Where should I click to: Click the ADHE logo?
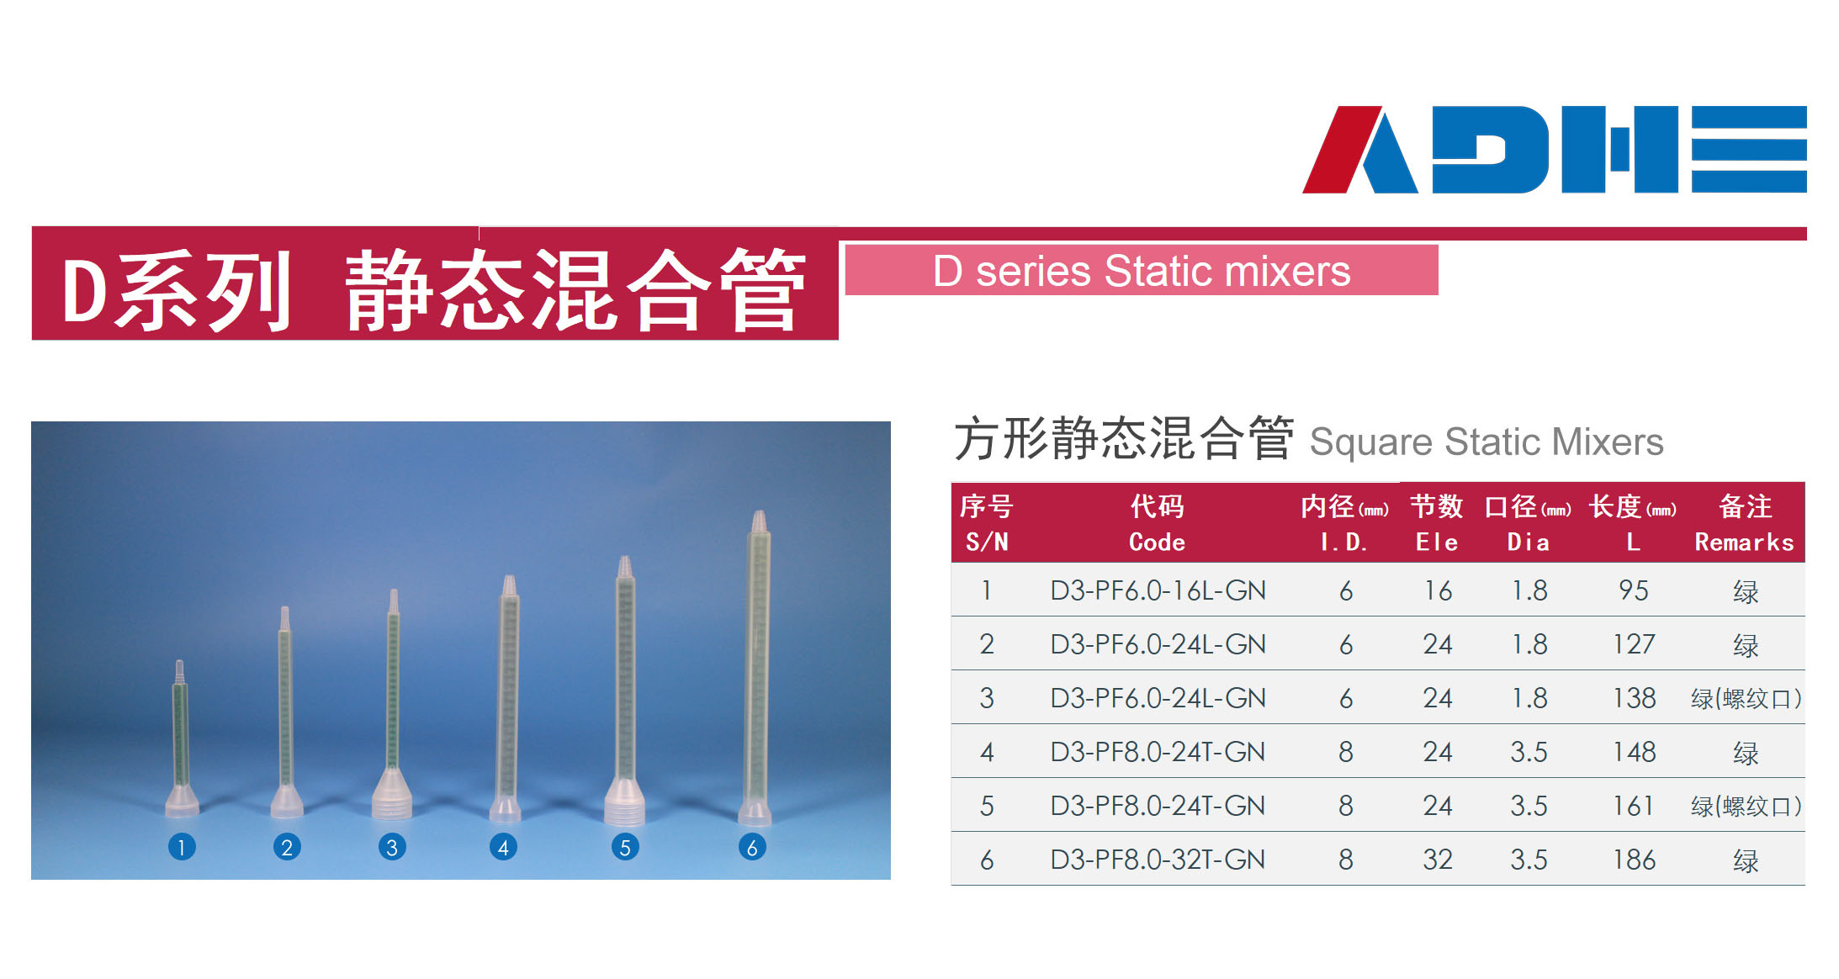click(x=1554, y=149)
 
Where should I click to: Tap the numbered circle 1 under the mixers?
click(x=182, y=846)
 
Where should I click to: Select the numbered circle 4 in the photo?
click(x=503, y=846)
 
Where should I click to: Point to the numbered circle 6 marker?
click(x=752, y=846)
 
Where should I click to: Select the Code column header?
click(x=1157, y=523)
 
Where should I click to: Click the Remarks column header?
click(x=1745, y=523)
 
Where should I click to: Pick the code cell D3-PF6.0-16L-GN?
click(x=1158, y=590)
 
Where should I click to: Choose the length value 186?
click(x=1634, y=860)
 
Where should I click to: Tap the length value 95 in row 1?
click(x=1634, y=590)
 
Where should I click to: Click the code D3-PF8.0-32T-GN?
click(x=1158, y=860)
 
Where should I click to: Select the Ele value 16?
click(x=1438, y=590)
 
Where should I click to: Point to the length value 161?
click(x=1633, y=806)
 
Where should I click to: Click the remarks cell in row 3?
click(x=1746, y=698)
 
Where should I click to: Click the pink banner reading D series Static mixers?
click(x=1142, y=270)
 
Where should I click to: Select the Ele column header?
click(x=1437, y=523)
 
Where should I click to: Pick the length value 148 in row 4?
click(x=1634, y=752)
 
